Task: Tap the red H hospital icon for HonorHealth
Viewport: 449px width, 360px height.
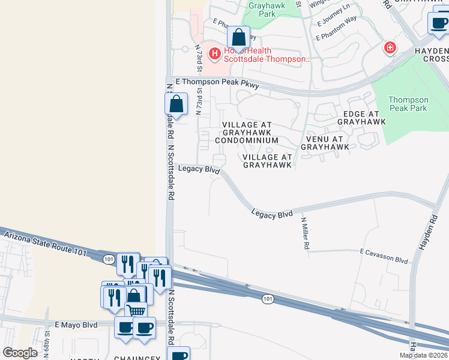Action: pos(214,54)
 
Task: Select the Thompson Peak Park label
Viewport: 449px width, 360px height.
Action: pos(408,104)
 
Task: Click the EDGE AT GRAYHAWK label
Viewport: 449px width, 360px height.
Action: pos(361,118)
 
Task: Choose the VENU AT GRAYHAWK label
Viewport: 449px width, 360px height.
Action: pos(325,142)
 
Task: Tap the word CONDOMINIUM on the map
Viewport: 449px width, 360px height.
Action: pos(247,140)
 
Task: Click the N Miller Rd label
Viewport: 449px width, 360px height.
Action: pos(306,233)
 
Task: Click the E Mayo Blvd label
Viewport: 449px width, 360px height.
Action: pos(76,325)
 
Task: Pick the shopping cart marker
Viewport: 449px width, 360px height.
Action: pos(136,310)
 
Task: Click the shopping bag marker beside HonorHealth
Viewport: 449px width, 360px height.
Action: pos(239,37)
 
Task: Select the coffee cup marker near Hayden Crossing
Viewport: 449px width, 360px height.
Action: pos(439,23)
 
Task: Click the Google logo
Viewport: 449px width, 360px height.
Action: pos(20,352)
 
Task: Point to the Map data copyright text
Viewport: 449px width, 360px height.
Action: pos(423,355)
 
